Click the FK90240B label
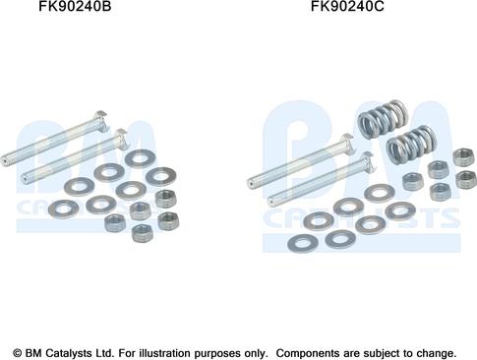[x=75, y=6]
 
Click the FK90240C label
[x=347, y=6]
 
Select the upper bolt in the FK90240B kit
[x=54, y=139]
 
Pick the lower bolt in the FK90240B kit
[x=74, y=156]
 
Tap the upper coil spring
[x=384, y=118]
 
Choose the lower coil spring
[x=411, y=144]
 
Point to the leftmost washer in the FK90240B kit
[x=63, y=209]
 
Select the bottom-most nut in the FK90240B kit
[x=144, y=233]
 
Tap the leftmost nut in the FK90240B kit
[x=115, y=223]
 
